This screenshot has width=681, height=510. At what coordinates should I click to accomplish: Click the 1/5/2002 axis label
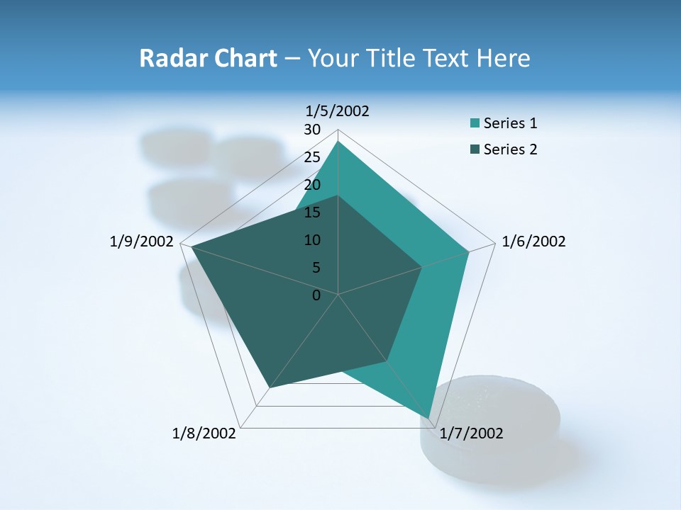click(338, 111)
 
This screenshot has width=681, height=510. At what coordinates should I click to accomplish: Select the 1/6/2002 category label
click(533, 242)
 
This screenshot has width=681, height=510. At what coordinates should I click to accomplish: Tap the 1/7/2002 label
click(471, 433)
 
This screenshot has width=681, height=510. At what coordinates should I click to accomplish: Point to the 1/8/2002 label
click(204, 433)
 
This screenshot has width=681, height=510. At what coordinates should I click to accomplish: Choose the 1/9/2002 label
click(142, 242)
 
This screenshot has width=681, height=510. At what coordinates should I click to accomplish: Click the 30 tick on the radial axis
click(312, 130)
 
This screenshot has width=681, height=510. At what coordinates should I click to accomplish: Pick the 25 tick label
click(312, 157)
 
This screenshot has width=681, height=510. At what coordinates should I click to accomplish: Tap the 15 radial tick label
click(312, 212)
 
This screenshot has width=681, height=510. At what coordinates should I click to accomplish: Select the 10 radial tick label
click(312, 240)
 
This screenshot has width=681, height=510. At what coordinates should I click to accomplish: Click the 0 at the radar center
click(316, 295)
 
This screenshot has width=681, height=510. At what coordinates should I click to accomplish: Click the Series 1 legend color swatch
click(475, 123)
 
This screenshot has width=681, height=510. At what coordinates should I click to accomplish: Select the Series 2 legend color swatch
click(475, 149)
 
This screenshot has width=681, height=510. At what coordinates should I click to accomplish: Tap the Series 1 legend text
click(510, 123)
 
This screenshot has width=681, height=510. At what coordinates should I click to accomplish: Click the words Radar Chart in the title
click(208, 58)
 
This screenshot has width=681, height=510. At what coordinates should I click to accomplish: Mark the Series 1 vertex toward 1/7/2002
click(428, 418)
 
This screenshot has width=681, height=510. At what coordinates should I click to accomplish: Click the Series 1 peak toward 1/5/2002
click(338, 142)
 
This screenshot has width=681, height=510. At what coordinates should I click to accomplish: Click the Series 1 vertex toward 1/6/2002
click(469, 251)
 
